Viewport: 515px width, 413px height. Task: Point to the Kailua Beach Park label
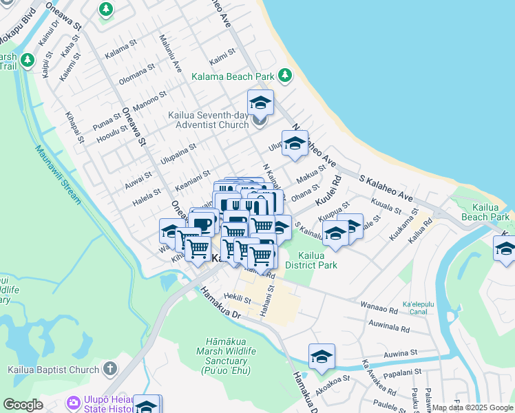(x=490, y=212)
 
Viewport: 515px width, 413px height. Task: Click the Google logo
(x=23, y=405)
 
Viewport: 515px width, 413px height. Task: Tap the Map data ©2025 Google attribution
(x=472, y=407)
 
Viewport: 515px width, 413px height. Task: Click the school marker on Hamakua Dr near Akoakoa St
(x=322, y=357)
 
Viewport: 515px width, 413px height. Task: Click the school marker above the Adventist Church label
(x=260, y=103)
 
